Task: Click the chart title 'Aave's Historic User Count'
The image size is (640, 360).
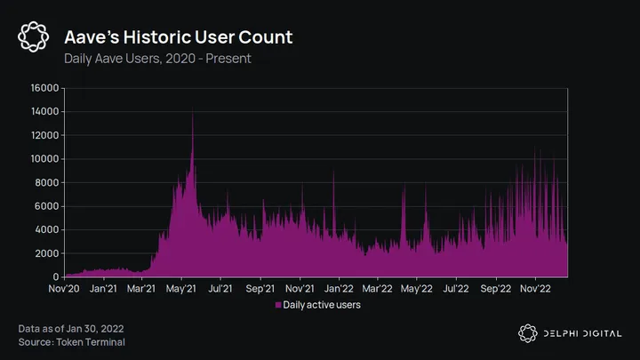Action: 178,37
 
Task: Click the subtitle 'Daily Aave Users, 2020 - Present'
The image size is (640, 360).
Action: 157,59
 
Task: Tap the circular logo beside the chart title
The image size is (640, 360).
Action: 34,36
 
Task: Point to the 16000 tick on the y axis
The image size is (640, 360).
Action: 44,88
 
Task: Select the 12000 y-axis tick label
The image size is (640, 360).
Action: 44,135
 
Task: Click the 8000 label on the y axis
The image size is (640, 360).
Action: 46,182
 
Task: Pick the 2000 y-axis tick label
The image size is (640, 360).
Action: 46,253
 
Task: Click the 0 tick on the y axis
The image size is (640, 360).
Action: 55,276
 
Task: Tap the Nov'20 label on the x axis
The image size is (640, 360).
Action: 65,289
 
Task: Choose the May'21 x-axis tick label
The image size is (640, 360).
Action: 181,289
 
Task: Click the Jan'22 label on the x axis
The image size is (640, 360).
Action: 339,289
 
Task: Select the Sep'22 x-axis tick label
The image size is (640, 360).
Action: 495,289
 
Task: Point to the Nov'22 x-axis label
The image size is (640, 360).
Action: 534,289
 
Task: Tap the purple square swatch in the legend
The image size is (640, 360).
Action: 277,305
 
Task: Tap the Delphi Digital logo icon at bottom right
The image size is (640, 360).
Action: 528,333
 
